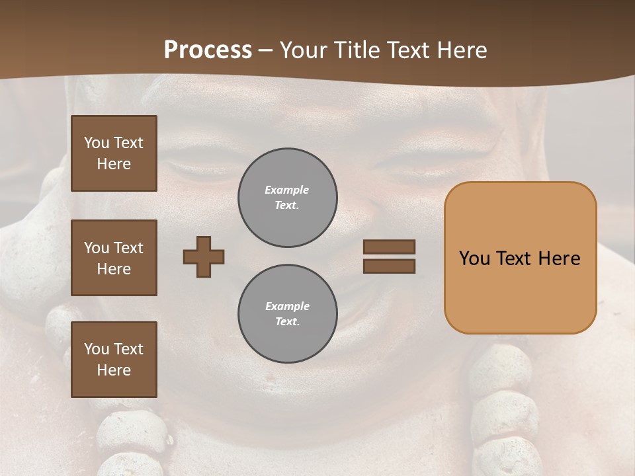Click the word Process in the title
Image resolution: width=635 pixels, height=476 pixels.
[x=208, y=50]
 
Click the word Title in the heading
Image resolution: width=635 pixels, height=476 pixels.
[x=355, y=50]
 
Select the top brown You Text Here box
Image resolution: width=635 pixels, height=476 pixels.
[x=114, y=153]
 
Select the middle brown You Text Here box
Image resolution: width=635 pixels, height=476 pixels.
[x=114, y=258]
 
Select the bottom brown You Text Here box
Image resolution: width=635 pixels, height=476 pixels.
[x=114, y=360]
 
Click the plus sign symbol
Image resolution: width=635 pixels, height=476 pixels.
[x=204, y=257]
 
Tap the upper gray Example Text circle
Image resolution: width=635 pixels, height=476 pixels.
[x=288, y=198]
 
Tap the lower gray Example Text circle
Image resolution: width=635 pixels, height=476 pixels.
[x=288, y=314]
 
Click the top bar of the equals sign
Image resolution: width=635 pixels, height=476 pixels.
[x=389, y=247]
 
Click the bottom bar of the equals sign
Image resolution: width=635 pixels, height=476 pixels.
[x=389, y=266]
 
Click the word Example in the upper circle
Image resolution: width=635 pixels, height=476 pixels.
[x=287, y=190]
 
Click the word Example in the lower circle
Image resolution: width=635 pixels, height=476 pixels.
[x=287, y=306]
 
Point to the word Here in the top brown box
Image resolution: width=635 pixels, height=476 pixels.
[x=114, y=164]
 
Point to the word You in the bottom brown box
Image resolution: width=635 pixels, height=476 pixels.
[x=97, y=349]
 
